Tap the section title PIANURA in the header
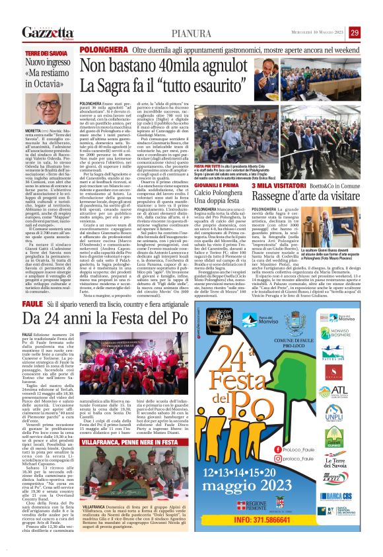click(x=191, y=34)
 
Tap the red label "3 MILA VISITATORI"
click(x=273, y=187)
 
